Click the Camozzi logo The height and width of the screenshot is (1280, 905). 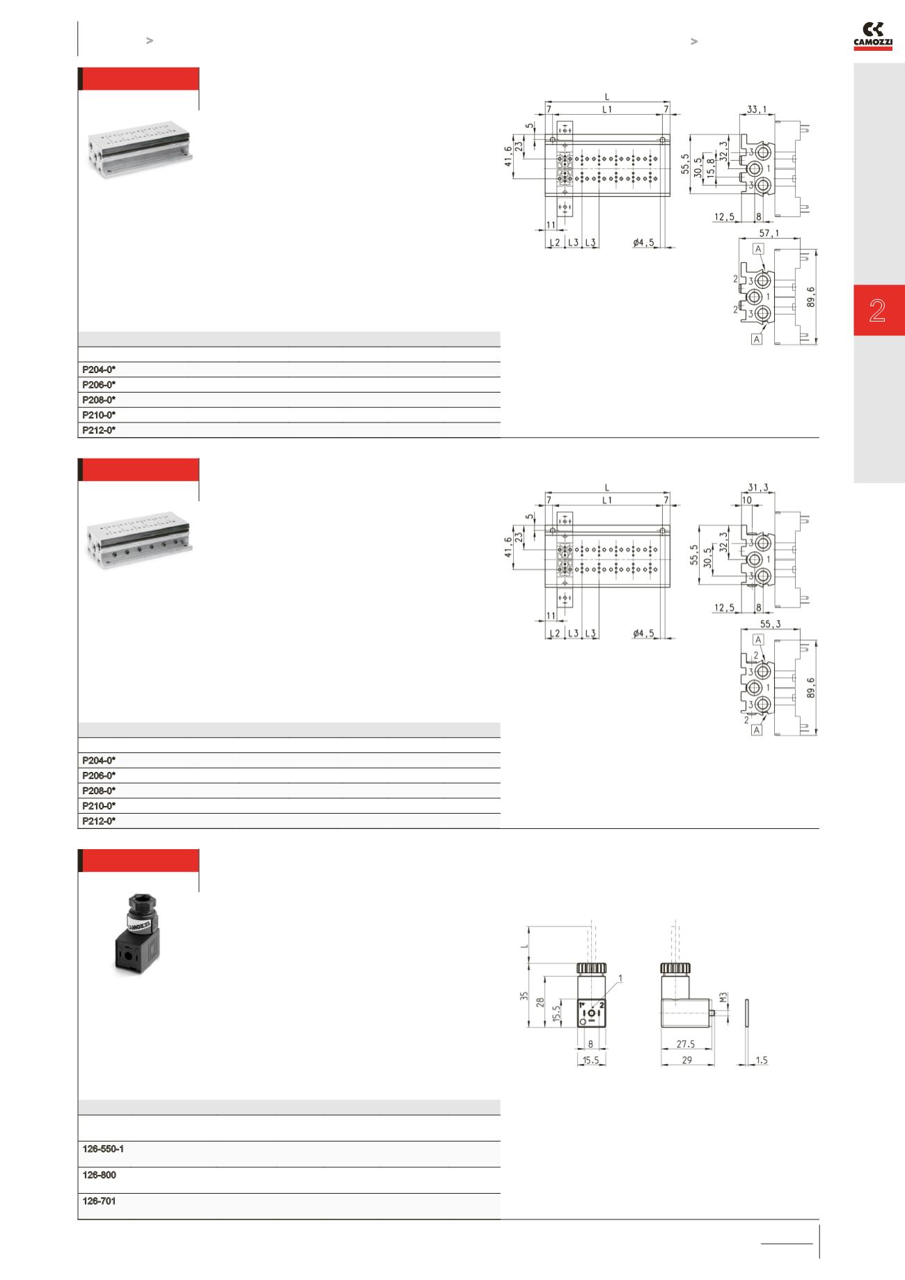click(x=873, y=35)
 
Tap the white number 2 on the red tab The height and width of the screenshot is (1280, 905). click(x=877, y=310)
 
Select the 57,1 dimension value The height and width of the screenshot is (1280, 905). click(x=769, y=233)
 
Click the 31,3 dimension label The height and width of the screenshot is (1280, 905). click(x=757, y=487)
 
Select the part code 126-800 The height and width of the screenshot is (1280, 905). click(x=99, y=1175)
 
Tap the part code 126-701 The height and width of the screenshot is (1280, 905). click(x=99, y=1201)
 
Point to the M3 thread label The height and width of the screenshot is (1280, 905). click(x=723, y=1000)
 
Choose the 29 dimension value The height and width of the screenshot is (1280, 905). click(x=686, y=1060)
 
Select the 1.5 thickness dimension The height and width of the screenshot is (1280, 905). click(x=761, y=1060)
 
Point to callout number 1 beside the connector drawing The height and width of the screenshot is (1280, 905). click(x=620, y=978)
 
